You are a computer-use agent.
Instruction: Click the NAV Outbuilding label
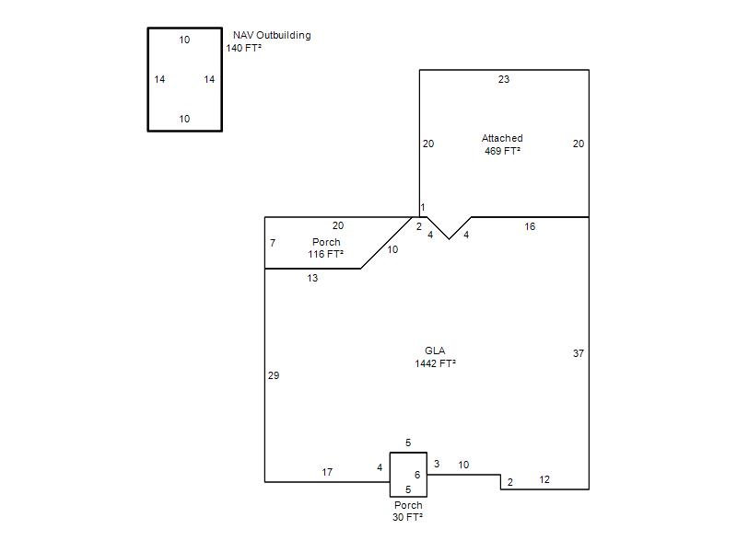(272, 35)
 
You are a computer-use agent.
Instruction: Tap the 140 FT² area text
(243, 48)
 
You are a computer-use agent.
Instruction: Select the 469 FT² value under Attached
(502, 151)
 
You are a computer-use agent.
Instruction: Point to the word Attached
(502, 138)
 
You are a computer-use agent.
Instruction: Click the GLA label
(435, 351)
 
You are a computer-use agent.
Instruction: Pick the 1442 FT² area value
(435, 363)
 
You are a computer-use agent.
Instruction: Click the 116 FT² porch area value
(326, 254)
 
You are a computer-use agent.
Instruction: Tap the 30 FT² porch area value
(407, 517)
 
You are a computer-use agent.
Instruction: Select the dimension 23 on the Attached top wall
(503, 79)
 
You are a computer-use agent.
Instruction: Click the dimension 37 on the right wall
(579, 353)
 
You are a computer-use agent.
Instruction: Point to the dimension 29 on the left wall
(274, 375)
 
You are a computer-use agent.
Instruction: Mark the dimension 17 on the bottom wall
(327, 472)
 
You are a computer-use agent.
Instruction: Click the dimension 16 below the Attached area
(530, 226)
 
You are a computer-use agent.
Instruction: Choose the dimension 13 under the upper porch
(312, 278)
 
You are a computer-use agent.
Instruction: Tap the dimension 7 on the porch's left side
(273, 243)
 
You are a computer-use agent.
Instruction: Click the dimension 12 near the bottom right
(544, 479)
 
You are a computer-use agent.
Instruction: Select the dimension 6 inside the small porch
(417, 475)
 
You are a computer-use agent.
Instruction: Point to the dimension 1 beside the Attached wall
(423, 207)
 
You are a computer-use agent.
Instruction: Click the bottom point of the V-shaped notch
(449, 239)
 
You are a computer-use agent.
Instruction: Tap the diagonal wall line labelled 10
(386, 243)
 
